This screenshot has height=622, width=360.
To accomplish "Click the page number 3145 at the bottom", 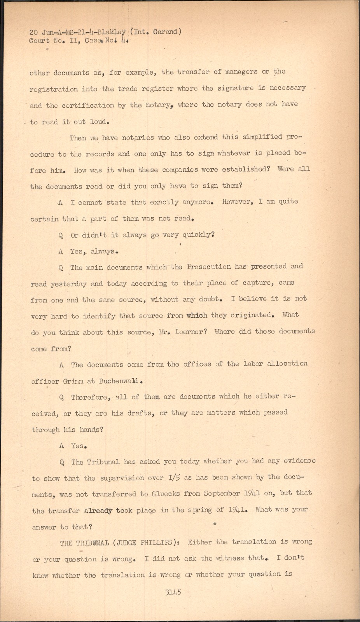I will [x=173, y=592].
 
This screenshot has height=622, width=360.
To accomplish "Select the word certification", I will [x=88, y=105].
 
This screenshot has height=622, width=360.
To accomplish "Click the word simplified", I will [x=263, y=137].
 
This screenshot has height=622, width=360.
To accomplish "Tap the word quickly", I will [x=194, y=235].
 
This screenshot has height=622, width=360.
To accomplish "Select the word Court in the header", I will [x=39, y=40].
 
